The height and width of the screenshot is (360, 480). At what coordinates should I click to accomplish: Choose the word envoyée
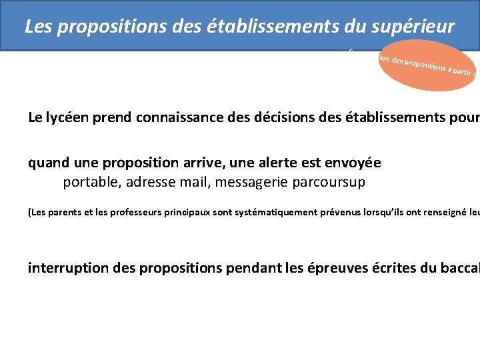coord(355,163)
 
